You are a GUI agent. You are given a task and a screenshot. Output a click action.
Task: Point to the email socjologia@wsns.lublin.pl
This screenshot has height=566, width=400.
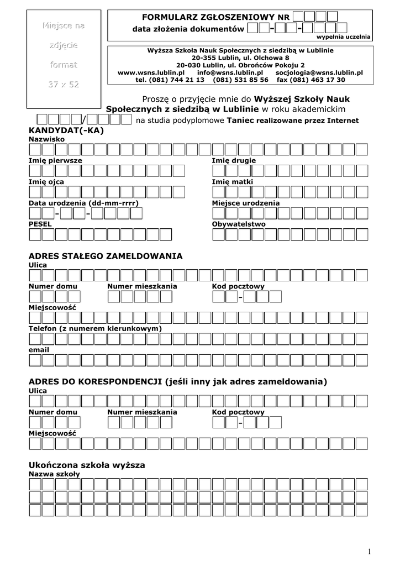[319, 72]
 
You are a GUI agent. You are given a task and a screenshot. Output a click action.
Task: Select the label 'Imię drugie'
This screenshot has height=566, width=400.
[234, 160]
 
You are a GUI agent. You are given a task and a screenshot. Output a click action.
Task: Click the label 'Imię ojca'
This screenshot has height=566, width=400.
[46, 182]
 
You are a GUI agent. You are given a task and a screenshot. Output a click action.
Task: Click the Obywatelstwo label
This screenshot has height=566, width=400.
[239, 224]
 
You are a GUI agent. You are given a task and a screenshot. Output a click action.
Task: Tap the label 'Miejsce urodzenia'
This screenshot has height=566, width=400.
[246, 203]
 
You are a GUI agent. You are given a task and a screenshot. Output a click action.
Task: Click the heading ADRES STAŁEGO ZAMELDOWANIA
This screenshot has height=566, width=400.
[105, 256]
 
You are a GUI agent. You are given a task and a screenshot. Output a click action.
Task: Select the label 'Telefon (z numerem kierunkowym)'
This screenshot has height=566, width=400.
[94, 328]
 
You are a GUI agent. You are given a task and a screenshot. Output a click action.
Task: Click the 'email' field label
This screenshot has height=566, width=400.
[39, 349]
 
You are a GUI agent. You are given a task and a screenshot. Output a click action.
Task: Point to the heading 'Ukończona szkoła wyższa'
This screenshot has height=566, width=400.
[86, 465]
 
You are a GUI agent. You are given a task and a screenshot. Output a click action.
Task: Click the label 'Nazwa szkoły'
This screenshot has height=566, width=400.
[54, 474]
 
